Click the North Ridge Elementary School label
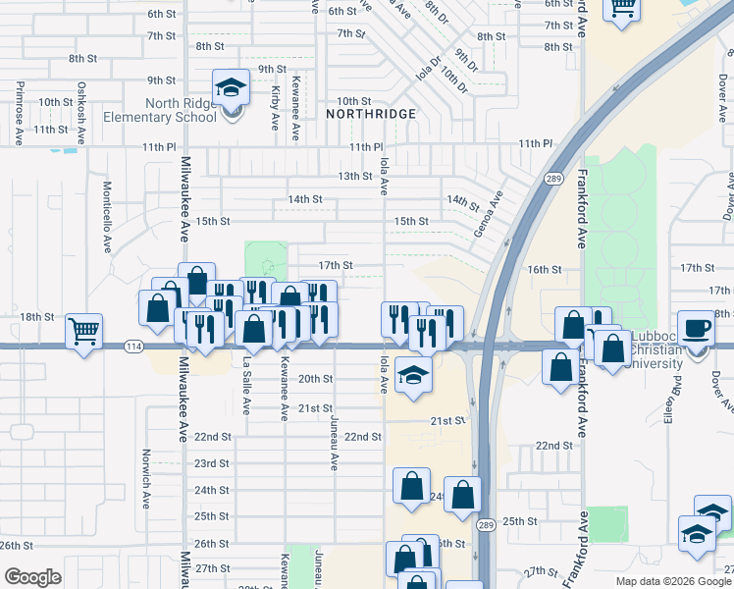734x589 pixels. [x=181, y=110]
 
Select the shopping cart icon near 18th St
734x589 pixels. [x=85, y=332]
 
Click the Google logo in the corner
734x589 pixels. [x=32, y=577]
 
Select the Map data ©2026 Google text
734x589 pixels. [x=673, y=581]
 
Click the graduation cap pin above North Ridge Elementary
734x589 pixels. [x=231, y=89]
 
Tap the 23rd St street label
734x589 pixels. [x=212, y=463]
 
